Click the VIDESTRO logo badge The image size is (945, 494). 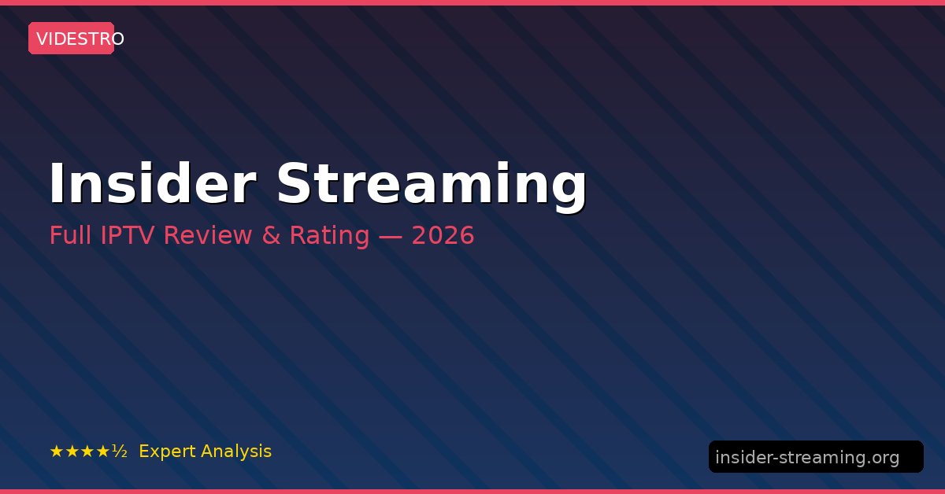(72, 39)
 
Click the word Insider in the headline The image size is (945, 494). (153, 183)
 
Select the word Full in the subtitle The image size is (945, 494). (70, 234)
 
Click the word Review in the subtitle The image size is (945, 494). (208, 234)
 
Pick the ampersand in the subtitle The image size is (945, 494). (271, 234)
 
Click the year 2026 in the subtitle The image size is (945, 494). (443, 234)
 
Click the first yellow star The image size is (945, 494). (57, 452)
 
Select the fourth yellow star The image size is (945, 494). (102, 452)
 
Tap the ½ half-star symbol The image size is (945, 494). (120, 452)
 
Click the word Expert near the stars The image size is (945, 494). (168, 452)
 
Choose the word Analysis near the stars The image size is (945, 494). (236, 452)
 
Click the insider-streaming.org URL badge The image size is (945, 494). (816, 456)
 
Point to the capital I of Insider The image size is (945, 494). (56, 183)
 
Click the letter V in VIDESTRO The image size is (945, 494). (43, 39)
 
